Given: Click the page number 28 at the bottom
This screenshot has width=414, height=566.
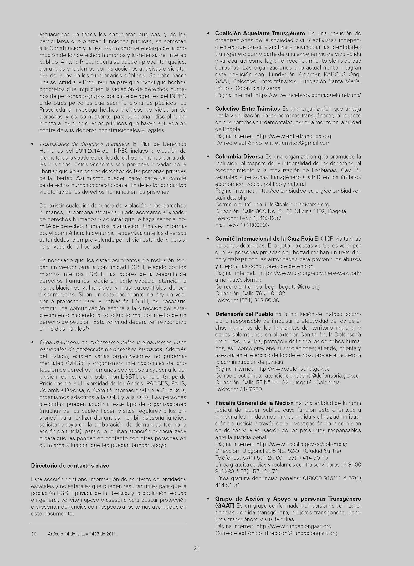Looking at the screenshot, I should click(x=196, y=548).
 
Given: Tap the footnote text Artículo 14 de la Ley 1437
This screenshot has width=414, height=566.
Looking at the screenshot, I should click(x=82, y=534).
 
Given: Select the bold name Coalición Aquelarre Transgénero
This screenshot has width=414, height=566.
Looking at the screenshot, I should click(x=260, y=33).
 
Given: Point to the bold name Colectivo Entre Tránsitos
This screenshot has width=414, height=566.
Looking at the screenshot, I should click(x=248, y=109).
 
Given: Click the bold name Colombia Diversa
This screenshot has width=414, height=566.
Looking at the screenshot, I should click(x=239, y=157).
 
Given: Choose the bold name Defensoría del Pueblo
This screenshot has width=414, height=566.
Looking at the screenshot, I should click(x=244, y=314).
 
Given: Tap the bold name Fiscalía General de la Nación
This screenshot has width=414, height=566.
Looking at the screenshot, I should click(x=254, y=403).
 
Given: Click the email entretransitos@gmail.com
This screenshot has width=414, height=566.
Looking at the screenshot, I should click(x=298, y=143).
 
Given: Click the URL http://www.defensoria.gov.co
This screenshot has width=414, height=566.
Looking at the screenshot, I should click(x=293, y=369).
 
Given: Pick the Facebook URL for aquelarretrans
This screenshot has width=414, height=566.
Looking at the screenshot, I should click(x=308, y=95).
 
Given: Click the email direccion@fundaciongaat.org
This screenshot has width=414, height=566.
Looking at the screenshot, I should click(x=301, y=533).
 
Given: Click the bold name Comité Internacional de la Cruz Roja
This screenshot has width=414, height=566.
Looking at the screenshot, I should click(x=264, y=239).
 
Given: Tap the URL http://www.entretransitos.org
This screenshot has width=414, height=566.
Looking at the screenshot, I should click(x=294, y=136).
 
